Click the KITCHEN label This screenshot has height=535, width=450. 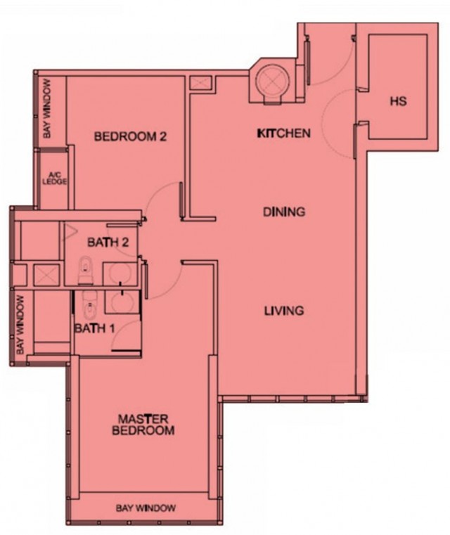(283, 133)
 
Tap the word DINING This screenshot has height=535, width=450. (283, 212)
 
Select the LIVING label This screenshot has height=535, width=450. (283, 310)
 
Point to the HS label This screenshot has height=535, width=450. (398, 102)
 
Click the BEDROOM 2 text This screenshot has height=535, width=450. (130, 136)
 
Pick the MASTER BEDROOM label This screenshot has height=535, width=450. (143, 424)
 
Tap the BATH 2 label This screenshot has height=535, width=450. (108, 243)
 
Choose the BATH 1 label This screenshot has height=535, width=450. (96, 328)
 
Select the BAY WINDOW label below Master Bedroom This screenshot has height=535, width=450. (146, 508)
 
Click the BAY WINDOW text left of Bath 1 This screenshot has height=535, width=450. (20, 324)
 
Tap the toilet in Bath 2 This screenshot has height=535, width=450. (86, 268)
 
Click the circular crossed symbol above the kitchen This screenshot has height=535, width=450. (271, 81)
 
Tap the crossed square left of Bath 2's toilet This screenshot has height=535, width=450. (46, 273)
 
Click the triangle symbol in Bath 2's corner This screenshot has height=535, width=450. (71, 231)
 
